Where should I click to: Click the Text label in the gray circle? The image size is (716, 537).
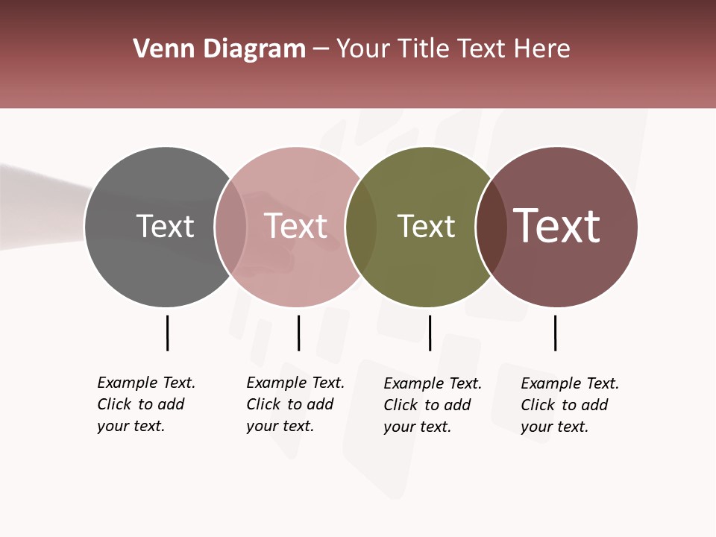[x=165, y=226]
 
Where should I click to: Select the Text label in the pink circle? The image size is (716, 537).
[x=295, y=226]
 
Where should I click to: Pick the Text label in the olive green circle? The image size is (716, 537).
[x=426, y=226]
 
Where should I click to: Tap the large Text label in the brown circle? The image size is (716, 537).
[x=557, y=226]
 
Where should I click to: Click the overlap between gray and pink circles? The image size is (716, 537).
[x=230, y=226]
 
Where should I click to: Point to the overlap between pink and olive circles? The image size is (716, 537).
[x=360, y=226]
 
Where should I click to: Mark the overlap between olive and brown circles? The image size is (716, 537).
[x=491, y=226]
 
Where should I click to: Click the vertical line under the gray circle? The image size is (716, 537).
[x=167, y=333]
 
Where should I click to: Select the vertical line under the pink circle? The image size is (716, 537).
[x=298, y=333]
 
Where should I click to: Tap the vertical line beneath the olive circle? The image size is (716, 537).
[x=430, y=333]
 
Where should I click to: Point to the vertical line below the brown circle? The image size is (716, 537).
[x=555, y=333]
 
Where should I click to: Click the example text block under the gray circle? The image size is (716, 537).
[x=146, y=404]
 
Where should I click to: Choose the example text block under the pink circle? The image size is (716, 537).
[x=295, y=404]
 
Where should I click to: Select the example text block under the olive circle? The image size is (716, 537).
[x=433, y=405]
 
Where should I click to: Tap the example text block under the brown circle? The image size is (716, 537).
[x=570, y=405]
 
